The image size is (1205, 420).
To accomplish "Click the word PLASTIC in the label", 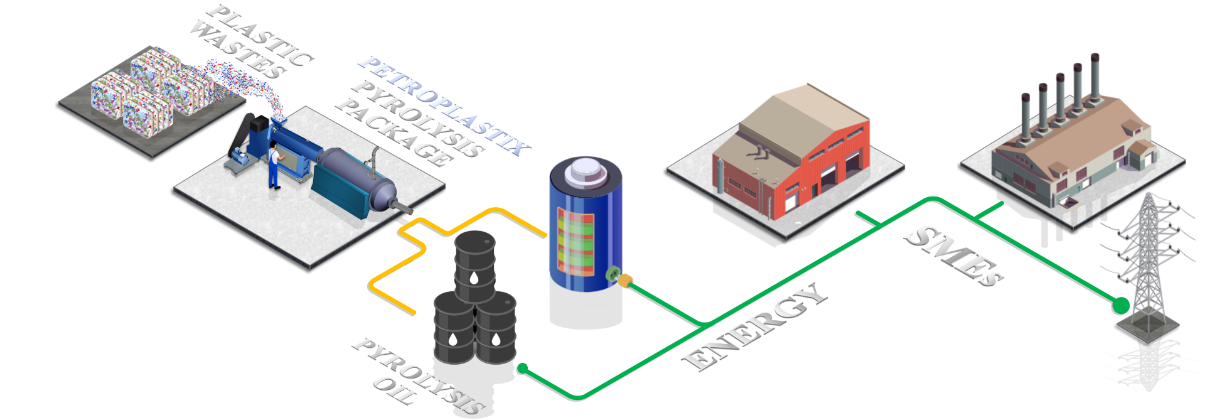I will [x=260, y=35].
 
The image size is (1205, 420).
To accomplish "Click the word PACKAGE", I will [x=393, y=132].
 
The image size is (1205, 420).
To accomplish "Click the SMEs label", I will [x=954, y=256].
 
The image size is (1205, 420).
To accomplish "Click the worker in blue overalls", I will [x=274, y=165].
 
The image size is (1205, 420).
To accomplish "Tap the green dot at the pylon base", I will [x=1121, y=306].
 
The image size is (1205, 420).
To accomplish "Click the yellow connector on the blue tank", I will [x=625, y=281].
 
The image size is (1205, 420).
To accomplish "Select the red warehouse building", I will [x=791, y=157].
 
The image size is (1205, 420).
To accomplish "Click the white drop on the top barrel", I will [x=474, y=277].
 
